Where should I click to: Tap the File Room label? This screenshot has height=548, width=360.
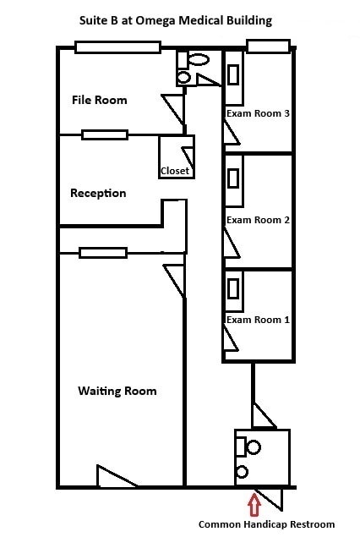pyautogui.click(x=99, y=100)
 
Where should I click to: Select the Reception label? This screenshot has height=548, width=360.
pyautogui.click(x=98, y=193)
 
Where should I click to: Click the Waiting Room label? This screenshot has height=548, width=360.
pyautogui.click(x=117, y=391)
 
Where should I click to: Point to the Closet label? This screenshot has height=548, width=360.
pyautogui.click(x=175, y=171)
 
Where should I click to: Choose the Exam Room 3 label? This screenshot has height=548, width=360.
pyautogui.click(x=258, y=113)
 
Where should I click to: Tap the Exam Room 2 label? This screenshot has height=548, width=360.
pyautogui.click(x=258, y=220)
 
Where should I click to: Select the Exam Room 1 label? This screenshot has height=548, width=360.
pyautogui.click(x=258, y=320)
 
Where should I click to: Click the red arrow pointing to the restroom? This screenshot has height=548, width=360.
pyautogui.click(x=254, y=505)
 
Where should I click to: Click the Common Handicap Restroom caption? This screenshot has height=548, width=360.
pyautogui.click(x=266, y=524)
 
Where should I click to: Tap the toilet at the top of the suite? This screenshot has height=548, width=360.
pyautogui.click(x=197, y=60)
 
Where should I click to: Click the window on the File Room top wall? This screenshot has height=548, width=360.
pyautogui.click(x=117, y=47)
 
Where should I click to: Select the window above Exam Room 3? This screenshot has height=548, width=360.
pyautogui.click(x=268, y=46)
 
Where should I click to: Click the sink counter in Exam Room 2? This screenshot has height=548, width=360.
pyautogui.click(x=233, y=178)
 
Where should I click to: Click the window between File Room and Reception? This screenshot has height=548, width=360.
pyautogui.click(x=105, y=134)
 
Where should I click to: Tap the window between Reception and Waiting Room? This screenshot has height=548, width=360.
pyautogui.click(x=103, y=252)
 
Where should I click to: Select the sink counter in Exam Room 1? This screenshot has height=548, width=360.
pyautogui.click(x=233, y=288)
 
